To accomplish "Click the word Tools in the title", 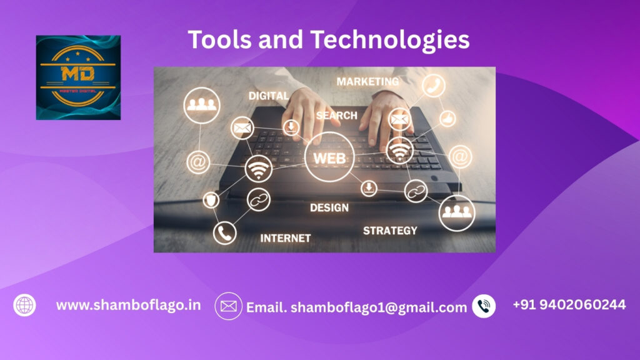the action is click(x=220, y=39).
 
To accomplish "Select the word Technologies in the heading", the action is click(x=390, y=41).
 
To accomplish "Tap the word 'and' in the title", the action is click(x=281, y=39).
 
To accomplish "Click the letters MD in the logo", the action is click(x=78, y=74).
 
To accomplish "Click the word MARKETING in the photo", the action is click(x=367, y=82).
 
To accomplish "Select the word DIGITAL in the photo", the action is click(x=269, y=96).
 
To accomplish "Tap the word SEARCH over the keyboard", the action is click(x=337, y=116).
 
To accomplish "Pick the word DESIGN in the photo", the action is click(x=329, y=207).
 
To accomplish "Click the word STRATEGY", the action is click(x=390, y=231).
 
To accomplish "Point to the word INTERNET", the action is click(x=285, y=238).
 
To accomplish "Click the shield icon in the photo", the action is click(x=211, y=200).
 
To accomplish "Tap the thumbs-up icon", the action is click(x=447, y=119).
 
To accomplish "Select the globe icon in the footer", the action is click(x=24, y=305).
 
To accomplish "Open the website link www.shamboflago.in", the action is click(x=129, y=305).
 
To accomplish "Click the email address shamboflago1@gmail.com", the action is click(x=379, y=307).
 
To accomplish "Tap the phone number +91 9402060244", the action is click(x=569, y=304).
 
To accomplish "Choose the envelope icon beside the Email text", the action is click(x=229, y=306).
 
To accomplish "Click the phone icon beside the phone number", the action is click(x=484, y=306).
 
